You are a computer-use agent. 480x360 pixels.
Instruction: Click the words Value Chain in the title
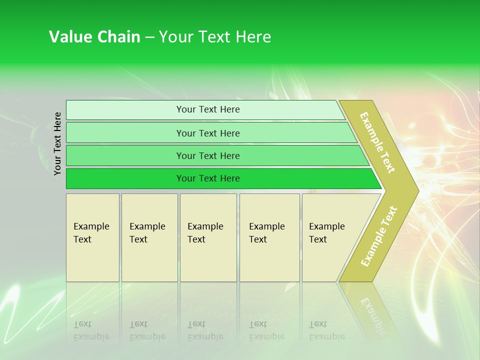[x=94, y=37]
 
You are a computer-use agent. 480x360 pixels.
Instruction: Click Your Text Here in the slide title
[x=214, y=37]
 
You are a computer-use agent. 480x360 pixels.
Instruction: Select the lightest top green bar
[x=125, y=110]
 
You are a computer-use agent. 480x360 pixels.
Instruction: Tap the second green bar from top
[x=125, y=133]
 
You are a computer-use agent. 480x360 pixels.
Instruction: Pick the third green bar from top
[x=125, y=155]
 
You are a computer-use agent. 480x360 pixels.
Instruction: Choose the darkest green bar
[x=125, y=178]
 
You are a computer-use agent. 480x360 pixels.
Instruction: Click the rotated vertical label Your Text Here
[x=57, y=143]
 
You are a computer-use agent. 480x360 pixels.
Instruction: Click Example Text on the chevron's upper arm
[x=377, y=142]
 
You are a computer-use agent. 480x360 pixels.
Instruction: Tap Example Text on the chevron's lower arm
[x=379, y=236]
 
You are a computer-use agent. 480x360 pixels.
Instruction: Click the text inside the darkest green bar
[x=208, y=178]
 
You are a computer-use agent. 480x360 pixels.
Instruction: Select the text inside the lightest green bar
[x=208, y=109]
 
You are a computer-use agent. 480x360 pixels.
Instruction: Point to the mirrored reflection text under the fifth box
[x=326, y=330]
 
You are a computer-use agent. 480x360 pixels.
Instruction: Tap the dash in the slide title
[x=149, y=37]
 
